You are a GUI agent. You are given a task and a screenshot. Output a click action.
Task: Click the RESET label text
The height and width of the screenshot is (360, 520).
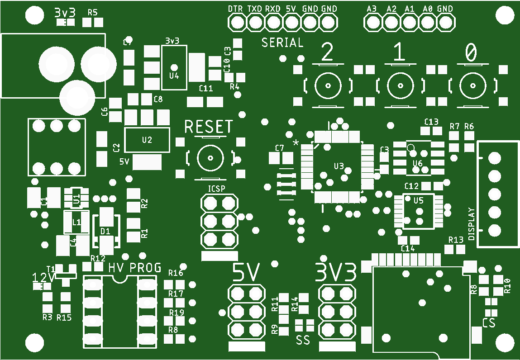pos(209,127)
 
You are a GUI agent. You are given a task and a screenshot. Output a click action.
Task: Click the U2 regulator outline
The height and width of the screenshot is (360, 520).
pos(147,140)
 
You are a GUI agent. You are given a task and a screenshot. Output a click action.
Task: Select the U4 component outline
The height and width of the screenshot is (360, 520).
pos(174,67)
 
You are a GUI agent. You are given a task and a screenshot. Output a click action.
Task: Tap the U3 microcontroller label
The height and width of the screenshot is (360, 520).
pos(339,166)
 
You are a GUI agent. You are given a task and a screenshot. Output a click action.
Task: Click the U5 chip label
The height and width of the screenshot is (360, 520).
pos(419,200)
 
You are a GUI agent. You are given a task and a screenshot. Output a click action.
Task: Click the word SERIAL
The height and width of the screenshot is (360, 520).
pos(282,43)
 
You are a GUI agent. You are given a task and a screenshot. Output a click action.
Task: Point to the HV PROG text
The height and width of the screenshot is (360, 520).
pos(135,268)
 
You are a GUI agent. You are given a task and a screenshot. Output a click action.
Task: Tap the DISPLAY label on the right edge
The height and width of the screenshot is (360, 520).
pos(472,224)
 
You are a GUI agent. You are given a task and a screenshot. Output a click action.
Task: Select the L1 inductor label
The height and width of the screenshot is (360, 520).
pos(76,222)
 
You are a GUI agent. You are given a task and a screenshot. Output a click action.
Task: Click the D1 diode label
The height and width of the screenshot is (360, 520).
pos(105,231)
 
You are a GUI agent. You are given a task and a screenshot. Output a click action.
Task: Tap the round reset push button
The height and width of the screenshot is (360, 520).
pos(210,157)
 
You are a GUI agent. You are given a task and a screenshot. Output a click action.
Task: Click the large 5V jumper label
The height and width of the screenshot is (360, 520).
pos(247,273)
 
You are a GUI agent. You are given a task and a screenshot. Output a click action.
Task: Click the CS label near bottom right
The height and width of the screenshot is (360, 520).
pos(489,323)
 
